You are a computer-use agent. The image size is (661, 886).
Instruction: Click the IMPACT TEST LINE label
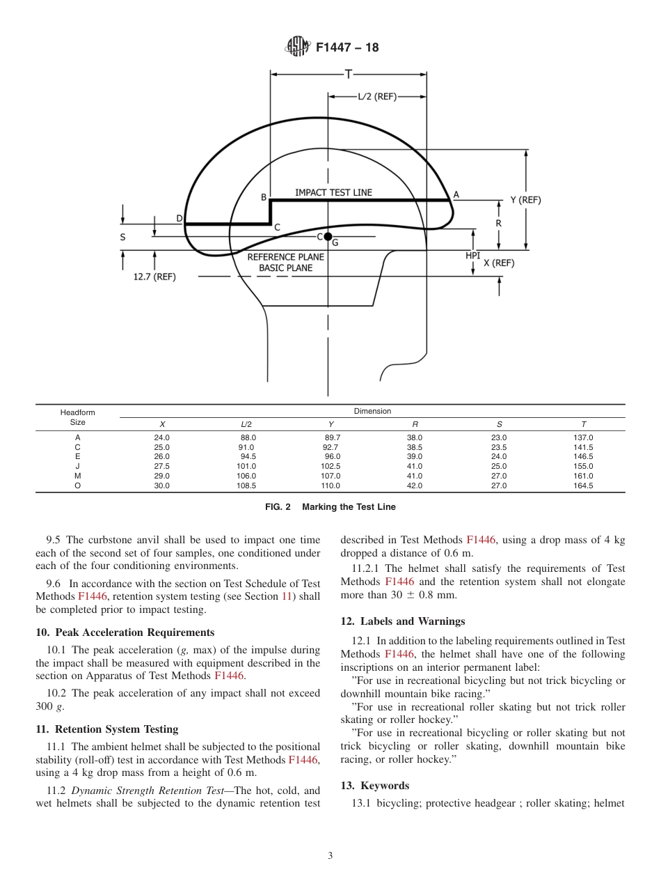coord(333,192)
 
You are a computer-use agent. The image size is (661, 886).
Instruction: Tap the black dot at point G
coord(328,237)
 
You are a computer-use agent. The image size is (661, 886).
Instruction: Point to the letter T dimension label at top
coord(348,74)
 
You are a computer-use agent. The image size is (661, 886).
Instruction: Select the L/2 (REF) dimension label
coord(376,97)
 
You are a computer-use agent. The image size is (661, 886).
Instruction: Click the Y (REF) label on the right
coord(525,200)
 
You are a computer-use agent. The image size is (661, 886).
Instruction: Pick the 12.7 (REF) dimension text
coord(154,277)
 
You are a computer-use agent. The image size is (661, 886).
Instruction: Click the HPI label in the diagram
coord(472,256)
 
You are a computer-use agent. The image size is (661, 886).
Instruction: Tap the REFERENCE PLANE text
coord(286,257)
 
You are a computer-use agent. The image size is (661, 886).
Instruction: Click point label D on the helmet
coord(179,219)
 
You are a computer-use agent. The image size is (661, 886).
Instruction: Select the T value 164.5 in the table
coord(582,485)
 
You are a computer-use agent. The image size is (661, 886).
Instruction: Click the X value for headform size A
coord(162,437)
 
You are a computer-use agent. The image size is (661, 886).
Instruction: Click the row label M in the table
coord(77,476)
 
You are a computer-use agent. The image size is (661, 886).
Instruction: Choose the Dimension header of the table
coord(372,411)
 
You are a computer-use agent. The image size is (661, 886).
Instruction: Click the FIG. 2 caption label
coord(278,507)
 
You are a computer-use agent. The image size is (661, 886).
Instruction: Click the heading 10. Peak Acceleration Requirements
coord(125,632)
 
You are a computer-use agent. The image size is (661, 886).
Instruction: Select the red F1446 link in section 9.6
coord(91,596)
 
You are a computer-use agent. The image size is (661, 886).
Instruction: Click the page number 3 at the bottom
coord(330,856)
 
